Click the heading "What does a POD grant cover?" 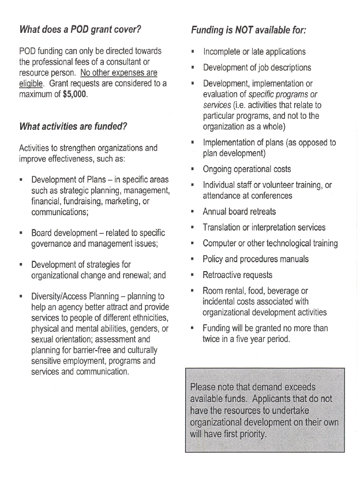click(80, 29)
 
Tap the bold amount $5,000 click(75, 95)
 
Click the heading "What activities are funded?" click(73, 126)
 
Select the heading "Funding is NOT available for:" click(248, 29)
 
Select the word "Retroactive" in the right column click(223, 275)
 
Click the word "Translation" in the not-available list click(224, 227)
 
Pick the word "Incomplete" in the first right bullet click(224, 52)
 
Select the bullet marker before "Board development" click(21, 234)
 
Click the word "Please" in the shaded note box click(202, 387)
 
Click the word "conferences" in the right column click(267, 196)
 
